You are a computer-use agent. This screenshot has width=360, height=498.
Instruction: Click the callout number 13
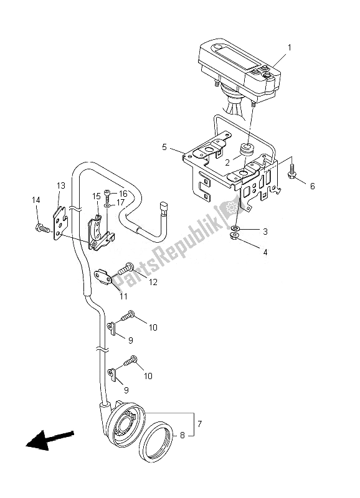(62, 186)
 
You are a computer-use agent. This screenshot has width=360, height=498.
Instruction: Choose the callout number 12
(153, 281)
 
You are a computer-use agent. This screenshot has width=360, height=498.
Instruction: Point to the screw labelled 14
(41, 228)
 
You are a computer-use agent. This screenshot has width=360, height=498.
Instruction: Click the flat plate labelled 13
(60, 218)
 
